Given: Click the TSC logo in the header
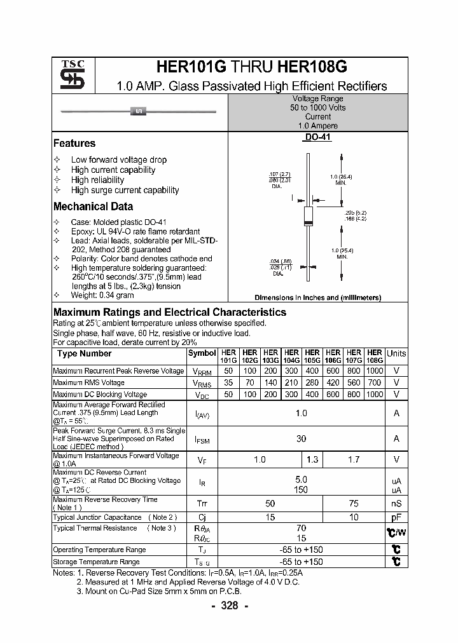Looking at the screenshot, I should [68, 75].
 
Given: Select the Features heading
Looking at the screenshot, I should [74, 144].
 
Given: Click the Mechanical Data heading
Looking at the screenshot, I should [93, 206].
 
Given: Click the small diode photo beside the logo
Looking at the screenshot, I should [139, 112].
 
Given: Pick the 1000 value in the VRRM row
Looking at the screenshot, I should [375, 371].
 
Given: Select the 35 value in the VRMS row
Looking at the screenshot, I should [229, 382].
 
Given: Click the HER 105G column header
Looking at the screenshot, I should [312, 356].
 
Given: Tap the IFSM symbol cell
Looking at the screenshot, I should [202, 438].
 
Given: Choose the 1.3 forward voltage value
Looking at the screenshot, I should [312, 459].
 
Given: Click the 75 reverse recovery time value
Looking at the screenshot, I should [354, 503].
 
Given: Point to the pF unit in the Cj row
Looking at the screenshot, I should [396, 517].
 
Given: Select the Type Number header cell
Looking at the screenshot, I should [85, 354].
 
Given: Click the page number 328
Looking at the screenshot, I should [229, 606].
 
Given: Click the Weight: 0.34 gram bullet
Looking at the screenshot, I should [102, 295].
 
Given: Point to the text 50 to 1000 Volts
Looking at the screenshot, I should [317, 108].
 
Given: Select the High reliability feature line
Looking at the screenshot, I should [97, 180].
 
